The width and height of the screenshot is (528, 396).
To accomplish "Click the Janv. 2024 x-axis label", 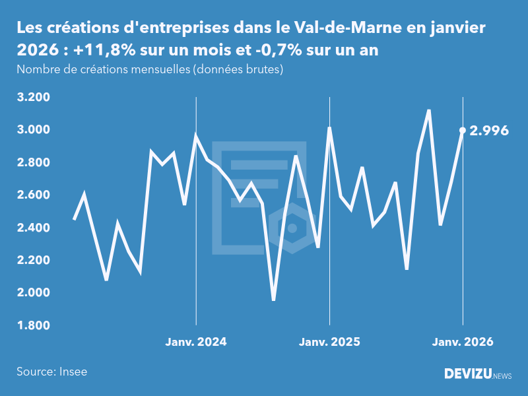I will point(195,342).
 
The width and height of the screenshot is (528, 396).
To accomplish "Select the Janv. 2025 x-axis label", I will point(329,342).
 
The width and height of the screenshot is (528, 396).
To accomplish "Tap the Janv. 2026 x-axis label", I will point(463,342).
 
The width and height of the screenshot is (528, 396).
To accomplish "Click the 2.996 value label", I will point(489,131).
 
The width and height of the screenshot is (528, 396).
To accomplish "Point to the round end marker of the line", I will point(463,131).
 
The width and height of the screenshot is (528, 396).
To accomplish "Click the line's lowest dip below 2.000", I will point(273,300).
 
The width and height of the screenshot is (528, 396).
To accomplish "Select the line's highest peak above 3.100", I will point(429,111).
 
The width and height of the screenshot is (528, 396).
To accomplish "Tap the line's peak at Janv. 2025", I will point(329,128).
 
